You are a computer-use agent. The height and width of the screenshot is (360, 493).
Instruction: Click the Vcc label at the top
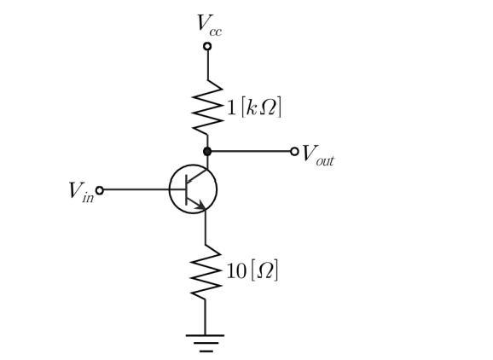pyautogui.click(x=210, y=26)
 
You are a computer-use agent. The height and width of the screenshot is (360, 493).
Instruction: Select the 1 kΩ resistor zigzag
pyautogui.click(x=207, y=107)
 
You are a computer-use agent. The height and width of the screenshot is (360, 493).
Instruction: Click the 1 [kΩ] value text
pyautogui.click(x=253, y=107)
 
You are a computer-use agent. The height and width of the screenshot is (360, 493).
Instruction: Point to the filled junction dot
pyautogui.click(x=207, y=152)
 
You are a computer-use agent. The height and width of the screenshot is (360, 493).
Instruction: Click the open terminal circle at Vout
pyautogui.click(x=294, y=152)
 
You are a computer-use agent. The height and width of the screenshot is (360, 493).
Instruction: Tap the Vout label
pyautogui.click(x=317, y=155)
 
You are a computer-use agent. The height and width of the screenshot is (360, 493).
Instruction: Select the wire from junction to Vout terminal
pyautogui.click(x=251, y=152)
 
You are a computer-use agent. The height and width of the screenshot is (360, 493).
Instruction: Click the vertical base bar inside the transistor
pyautogui.click(x=187, y=189)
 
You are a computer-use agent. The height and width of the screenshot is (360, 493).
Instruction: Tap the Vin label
pyautogui.click(x=81, y=191)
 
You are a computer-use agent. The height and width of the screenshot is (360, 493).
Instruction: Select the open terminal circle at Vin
pyautogui.click(x=99, y=190)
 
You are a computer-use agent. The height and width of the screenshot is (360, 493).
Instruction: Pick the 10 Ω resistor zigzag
pyautogui.click(x=206, y=272)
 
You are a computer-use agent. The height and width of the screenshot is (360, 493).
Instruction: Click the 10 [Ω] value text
pyautogui.click(x=252, y=270)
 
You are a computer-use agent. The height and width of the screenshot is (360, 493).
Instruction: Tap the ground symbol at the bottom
pyautogui.click(x=206, y=343)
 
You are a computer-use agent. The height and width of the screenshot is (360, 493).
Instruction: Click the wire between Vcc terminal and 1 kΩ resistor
pyautogui.click(x=207, y=65)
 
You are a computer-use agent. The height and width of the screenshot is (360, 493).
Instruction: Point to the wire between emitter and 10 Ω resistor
pyautogui.click(x=206, y=227)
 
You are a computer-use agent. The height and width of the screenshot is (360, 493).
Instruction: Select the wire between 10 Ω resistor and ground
pyautogui.click(x=206, y=317)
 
